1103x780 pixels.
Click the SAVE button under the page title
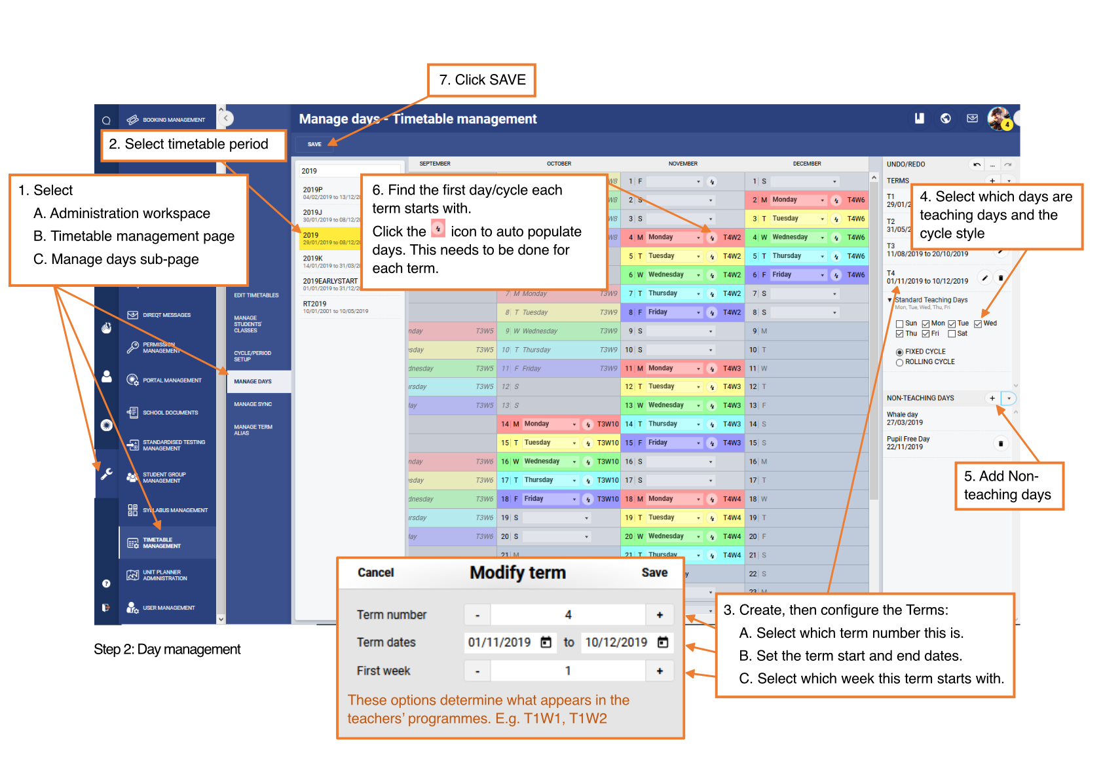pyautogui.click(x=314, y=144)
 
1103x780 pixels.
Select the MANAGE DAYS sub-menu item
pyautogui.click(x=253, y=381)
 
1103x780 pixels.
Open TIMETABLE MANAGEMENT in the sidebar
pyautogui.click(x=162, y=543)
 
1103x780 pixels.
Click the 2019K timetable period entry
pyautogui.click(x=331, y=261)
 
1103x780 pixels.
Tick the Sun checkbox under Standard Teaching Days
pyautogui.click(x=900, y=324)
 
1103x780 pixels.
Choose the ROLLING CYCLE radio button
pyautogui.click(x=900, y=362)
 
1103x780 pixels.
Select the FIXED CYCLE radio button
pyautogui.click(x=900, y=352)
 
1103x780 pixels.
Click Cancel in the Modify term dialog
pyautogui.click(x=375, y=572)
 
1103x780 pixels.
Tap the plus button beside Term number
pyautogui.click(x=660, y=615)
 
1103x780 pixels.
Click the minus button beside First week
pyautogui.click(x=477, y=671)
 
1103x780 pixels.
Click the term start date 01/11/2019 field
pyautogui.click(x=500, y=642)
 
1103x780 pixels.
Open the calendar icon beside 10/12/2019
pyautogui.click(x=663, y=642)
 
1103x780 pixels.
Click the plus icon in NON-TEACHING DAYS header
pyautogui.click(x=992, y=398)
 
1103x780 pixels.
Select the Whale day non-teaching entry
pyautogui.click(x=905, y=418)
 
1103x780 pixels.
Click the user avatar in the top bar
pyautogui.click(x=999, y=119)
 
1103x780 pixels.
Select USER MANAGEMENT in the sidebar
pyautogui.click(x=168, y=608)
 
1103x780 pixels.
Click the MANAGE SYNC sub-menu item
pyautogui.click(x=253, y=404)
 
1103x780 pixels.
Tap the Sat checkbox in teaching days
pyautogui.click(x=952, y=334)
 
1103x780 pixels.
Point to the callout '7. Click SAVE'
pyautogui.click(x=481, y=80)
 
